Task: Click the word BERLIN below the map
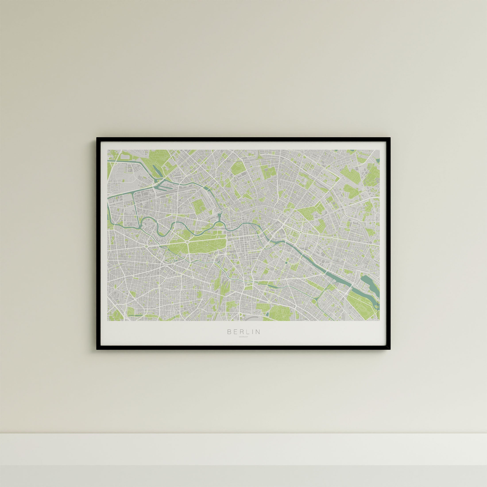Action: [243, 332]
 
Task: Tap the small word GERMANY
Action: [243, 337]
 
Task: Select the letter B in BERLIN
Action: [229, 332]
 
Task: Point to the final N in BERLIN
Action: [258, 332]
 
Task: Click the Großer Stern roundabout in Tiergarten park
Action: [187, 242]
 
